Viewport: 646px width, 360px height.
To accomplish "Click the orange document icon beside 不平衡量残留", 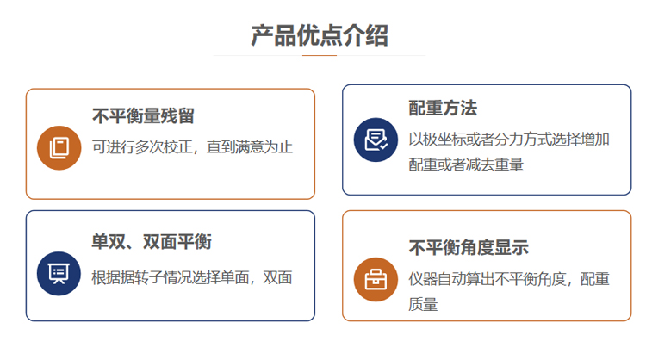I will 59,147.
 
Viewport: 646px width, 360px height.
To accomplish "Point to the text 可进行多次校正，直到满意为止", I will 192,147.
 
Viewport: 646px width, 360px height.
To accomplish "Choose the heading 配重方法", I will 443,109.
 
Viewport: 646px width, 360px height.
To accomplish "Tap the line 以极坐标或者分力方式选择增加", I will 509,139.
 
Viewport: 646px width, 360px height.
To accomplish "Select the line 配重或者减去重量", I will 466,164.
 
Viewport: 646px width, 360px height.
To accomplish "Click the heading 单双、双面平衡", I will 152,242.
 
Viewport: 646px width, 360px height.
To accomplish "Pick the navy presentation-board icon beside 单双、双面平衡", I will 59,273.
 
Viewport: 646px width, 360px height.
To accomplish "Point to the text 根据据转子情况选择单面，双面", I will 192,277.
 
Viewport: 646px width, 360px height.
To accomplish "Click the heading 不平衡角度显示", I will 469,248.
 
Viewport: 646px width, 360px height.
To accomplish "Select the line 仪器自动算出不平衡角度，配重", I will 509,278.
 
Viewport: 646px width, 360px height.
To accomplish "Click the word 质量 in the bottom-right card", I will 423,304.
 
